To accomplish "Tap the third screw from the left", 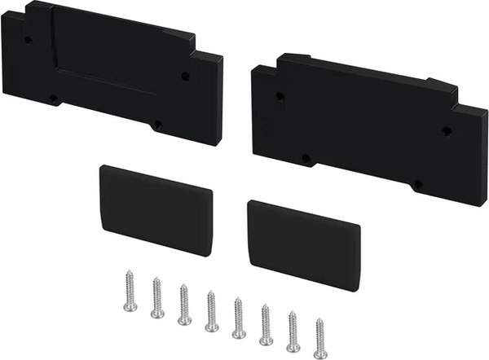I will pyautogui.click(x=184, y=305).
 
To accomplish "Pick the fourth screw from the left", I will pyautogui.click(x=211, y=310).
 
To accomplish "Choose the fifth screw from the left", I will pyautogui.click(x=238, y=318).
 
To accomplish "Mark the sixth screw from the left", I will pyautogui.click(x=266, y=324).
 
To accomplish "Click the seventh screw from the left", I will pyautogui.click(x=293, y=331).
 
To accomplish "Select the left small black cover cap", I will pyautogui.click(x=156, y=208).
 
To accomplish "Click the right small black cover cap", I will pyautogui.click(x=303, y=244).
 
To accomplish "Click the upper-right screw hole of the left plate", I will pyautogui.click(x=185, y=76).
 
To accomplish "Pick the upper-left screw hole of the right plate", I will pyautogui.click(x=280, y=95).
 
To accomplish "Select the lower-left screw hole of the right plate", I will pyautogui.click(x=306, y=158).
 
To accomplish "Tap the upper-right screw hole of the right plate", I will pyautogui.click(x=446, y=130).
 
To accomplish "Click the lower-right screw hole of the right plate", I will pyautogui.click(x=417, y=185).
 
